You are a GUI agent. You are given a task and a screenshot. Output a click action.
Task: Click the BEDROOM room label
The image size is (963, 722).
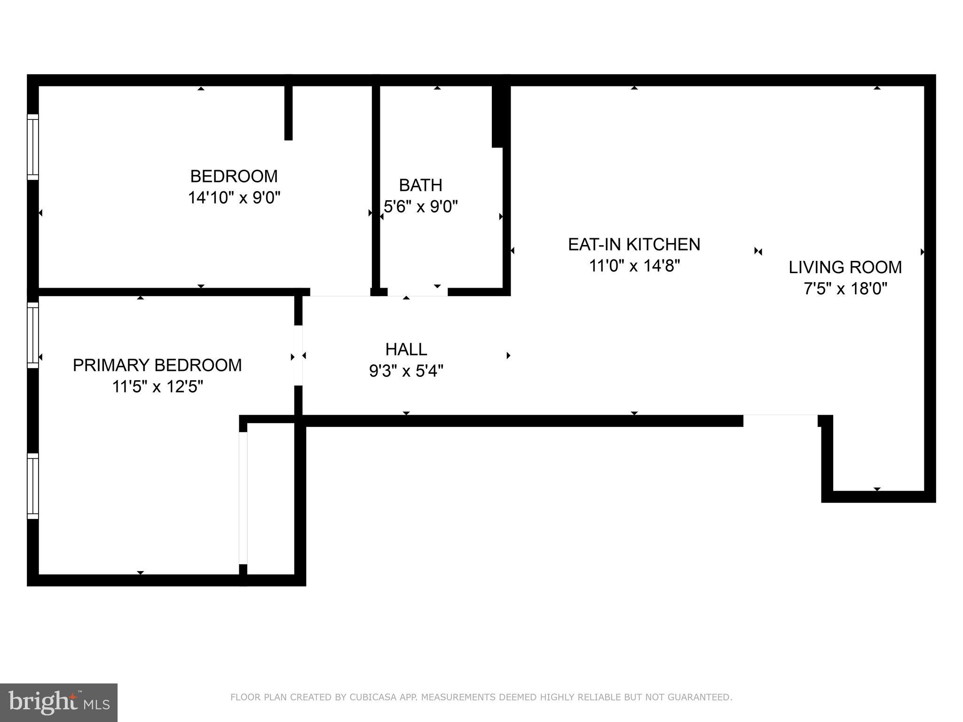pos(234,176)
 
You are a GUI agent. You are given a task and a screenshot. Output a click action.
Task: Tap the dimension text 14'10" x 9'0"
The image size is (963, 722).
pos(234,198)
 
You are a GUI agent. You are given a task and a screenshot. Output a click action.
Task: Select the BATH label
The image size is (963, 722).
pos(420,185)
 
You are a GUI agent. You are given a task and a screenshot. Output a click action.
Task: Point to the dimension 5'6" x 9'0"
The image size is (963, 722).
pos(420,206)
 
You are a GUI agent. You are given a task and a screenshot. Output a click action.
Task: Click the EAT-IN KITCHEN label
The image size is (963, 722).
pos(634,244)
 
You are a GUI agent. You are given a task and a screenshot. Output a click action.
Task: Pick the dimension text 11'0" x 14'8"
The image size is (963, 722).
pos(634,266)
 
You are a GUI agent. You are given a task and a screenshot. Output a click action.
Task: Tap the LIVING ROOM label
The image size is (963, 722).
pos(845,267)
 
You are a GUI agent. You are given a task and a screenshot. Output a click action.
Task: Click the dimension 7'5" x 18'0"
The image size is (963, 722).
pos(845,289)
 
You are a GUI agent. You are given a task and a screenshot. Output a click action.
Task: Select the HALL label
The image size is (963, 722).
pos(406,349)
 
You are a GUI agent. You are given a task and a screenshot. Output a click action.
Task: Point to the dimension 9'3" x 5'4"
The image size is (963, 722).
pos(406,371)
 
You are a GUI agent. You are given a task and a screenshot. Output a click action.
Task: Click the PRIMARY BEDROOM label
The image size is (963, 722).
pos(157,365)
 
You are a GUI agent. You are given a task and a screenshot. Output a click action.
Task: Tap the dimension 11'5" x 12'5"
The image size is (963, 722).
pos(157,387)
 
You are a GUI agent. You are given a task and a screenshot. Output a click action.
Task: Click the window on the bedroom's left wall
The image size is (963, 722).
pos(32,147)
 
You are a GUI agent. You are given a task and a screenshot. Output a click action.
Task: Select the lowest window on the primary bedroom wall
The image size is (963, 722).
pos(32,486)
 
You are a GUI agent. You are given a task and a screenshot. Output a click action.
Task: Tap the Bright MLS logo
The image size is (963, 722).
pos(58,702)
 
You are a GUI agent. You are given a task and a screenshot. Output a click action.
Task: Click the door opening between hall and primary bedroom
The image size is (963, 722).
pos(298,355)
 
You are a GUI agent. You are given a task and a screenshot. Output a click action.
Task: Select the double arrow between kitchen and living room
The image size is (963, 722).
pos(758,251)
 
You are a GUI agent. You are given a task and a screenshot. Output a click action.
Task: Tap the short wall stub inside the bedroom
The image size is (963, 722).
pos(289,113)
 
